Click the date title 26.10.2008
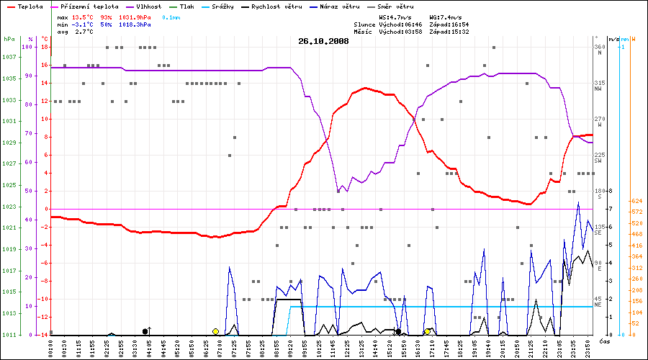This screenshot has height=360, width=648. [x=323, y=41]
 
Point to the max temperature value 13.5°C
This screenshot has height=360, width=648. [x=84, y=16]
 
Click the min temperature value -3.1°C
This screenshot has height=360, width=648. [x=84, y=24]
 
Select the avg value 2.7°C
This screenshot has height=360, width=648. [x=84, y=32]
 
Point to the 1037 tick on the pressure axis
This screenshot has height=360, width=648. [x=10, y=57]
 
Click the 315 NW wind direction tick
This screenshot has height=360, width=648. [x=598, y=86]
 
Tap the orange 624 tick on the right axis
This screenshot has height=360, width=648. [x=636, y=201]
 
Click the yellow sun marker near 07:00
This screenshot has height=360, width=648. [x=215, y=331]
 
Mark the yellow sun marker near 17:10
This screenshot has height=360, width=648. [x=428, y=331]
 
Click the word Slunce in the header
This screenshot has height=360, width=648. [x=364, y=24]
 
